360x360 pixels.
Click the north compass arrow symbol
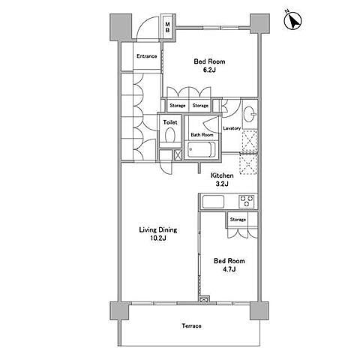(x=293, y=20)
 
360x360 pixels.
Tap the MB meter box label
(x=167, y=27)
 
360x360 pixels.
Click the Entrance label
(x=147, y=56)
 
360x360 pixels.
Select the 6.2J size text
(x=209, y=70)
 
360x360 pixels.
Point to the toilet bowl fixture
(x=170, y=135)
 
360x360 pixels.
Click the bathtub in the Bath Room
(x=202, y=150)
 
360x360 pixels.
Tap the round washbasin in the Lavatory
(x=249, y=115)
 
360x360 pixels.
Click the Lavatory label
(x=232, y=128)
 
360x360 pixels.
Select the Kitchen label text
(x=222, y=175)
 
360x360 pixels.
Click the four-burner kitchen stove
(x=247, y=201)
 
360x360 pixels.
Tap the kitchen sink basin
(x=213, y=202)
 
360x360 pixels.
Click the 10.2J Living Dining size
(x=158, y=238)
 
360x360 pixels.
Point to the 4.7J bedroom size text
(x=229, y=269)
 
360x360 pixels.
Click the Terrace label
(x=191, y=326)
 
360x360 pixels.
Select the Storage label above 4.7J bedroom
(x=238, y=220)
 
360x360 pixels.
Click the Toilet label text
(x=170, y=122)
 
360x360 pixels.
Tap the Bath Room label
(x=202, y=135)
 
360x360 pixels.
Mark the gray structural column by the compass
(x=259, y=23)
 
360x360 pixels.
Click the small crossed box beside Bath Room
(x=178, y=155)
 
